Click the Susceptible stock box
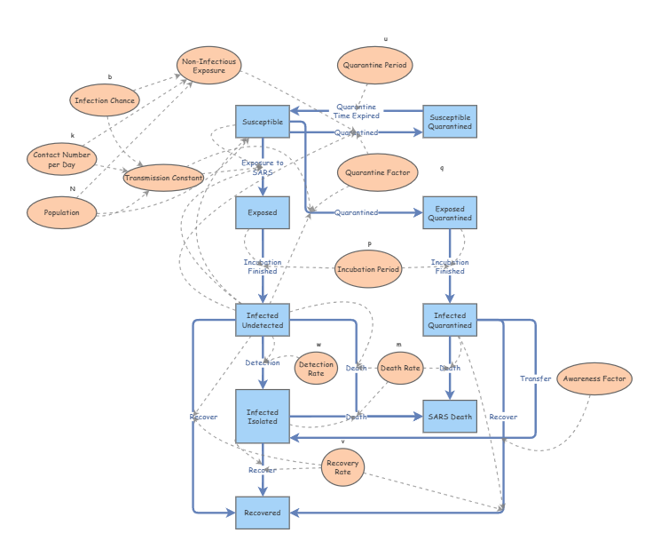pyautogui.click(x=262, y=121)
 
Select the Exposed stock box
pyautogui.click(x=262, y=213)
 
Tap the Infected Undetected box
pyautogui.click(x=262, y=320)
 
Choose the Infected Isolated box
pyautogui.click(x=262, y=417)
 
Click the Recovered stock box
pyautogui.click(x=262, y=513)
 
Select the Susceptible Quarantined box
pyautogui.click(x=450, y=121)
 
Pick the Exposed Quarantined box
pyautogui.click(x=450, y=213)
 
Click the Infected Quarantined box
pyautogui.click(x=450, y=320)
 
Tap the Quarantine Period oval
pyautogui.click(x=375, y=65)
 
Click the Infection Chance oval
pyautogui.click(x=105, y=100)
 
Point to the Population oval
pyautogui.click(x=61, y=213)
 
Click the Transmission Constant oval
pyautogui.click(x=164, y=178)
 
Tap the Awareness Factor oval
pyautogui.click(x=594, y=378)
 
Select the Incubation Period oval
pyautogui.click(x=368, y=268)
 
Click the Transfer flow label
pyautogui.click(x=535, y=379)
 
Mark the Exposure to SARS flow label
pyautogui.click(x=263, y=168)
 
